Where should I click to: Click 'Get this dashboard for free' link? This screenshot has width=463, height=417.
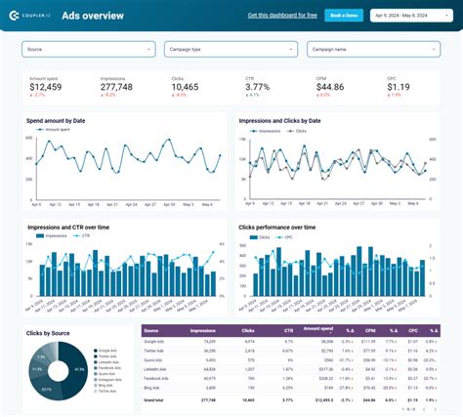coord(283,16)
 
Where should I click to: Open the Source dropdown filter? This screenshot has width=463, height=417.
coord(89,48)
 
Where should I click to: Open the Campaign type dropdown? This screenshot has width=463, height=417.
coord(231,48)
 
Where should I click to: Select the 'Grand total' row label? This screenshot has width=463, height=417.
coord(155,399)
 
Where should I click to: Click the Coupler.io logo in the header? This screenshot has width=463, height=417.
coord(30,16)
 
